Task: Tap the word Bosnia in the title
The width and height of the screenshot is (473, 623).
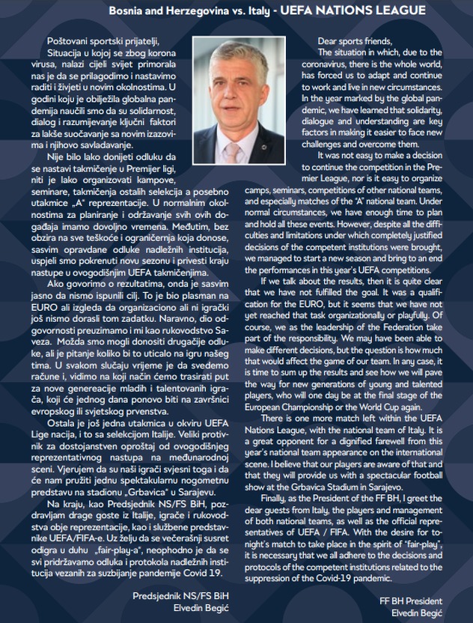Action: [126, 10]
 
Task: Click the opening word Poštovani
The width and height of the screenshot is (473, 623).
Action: [70, 39]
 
